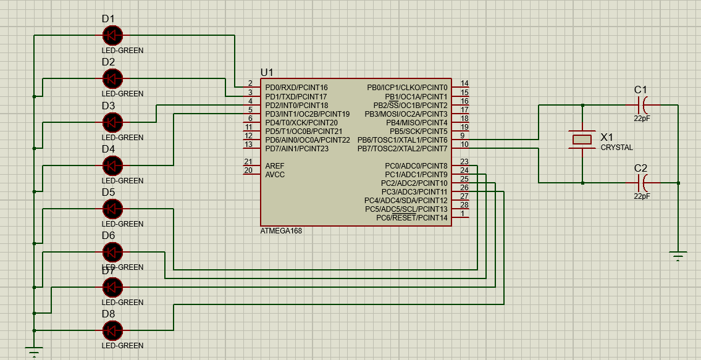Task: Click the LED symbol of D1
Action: tap(112, 35)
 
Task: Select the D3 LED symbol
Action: tap(112, 122)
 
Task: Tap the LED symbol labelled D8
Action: tap(112, 331)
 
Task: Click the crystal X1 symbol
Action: tap(582, 140)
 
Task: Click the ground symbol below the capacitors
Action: tap(678, 256)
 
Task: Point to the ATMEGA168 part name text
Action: tap(281, 231)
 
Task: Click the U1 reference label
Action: tap(267, 72)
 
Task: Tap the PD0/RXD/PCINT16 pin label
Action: tap(296, 88)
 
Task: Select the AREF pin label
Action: tap(275, 166)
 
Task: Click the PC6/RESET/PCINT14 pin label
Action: tap(411, 218)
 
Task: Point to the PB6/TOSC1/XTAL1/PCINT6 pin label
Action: tap(402, 140)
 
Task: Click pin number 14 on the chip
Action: tap(464, 83)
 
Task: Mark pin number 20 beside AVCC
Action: tap(248, 170)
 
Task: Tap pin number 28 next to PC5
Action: tap(464, 204)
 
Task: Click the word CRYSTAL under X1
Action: tap(616, 148)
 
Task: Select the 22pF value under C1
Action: tap(642, 118)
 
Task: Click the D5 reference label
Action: tap(108, 192)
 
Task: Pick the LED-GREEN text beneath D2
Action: tap(122, 94)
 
